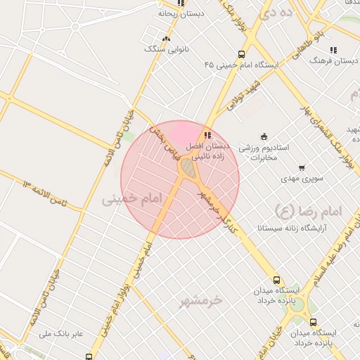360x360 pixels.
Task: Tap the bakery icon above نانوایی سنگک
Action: coord(165,39)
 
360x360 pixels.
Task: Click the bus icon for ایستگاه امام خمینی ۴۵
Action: coord(242,54)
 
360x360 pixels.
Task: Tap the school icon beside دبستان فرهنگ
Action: coord(333,50)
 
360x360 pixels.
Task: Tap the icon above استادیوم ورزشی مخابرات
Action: coord(264,136)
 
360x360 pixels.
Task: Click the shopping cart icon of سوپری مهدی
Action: coord(302,168)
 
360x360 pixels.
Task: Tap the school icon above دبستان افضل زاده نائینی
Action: coord(207,135)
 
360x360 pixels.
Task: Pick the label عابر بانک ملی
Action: coord(61,333)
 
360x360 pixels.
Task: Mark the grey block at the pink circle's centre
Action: coord(188,169)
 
